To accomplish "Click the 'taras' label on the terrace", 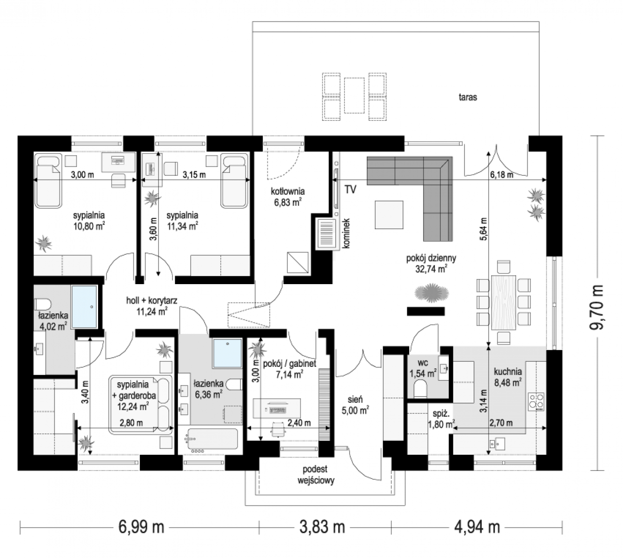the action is pyautogui.click(x=467, y=98).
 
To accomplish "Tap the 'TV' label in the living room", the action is pyautogui.click(x=350, y=189).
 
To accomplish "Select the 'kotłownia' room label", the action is pyautogui.click(x=287, y=191).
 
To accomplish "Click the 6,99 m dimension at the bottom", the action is pyautogui.click(x=141, y=527).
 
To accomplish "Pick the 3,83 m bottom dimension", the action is pyautogui.click(x=322, y=527).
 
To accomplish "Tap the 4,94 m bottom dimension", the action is pyautogui.click(x=477, y=527).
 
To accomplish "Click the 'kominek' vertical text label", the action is pyautogui.click(x=346, y=233).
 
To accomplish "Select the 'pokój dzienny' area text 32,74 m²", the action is pyautogui.click(x=431, y=269).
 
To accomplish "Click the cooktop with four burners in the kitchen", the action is pyautogui.click(x=536, y=402).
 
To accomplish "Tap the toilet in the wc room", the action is pyautogui.click(x=420, y=389).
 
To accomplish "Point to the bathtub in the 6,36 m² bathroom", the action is pyautogui.click(x=212, y=439).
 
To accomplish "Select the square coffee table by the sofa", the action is pyautogui.click(x=389, y=215).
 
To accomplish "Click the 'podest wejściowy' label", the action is pyautogui.click(x=316, y=475).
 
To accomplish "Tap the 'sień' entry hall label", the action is pyautogui.click(x=355, y=399).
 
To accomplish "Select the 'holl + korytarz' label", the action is pyautogui.click(x=152, y=300).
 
